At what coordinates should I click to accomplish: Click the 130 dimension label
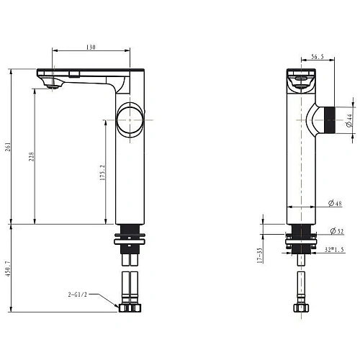coord(91,47)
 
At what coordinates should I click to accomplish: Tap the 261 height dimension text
coord(8,147)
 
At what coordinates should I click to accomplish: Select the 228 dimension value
coord(32,156)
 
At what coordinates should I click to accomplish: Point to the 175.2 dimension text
coord(102,173)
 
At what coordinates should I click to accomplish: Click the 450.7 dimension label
coord(8,269)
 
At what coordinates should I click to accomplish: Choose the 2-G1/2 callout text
coord(77,294)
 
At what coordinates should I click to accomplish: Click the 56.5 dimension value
coord(318,57)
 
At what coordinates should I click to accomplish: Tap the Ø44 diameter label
coord(349,120)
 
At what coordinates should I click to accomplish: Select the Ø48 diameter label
coord(335,203)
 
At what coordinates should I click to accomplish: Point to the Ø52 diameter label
coord(337,231)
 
